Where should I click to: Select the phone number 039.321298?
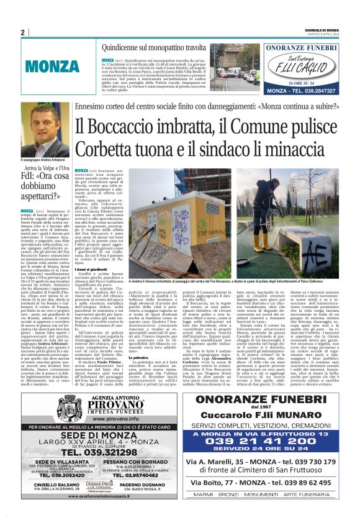pyautogui.click(x=113, y=452)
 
